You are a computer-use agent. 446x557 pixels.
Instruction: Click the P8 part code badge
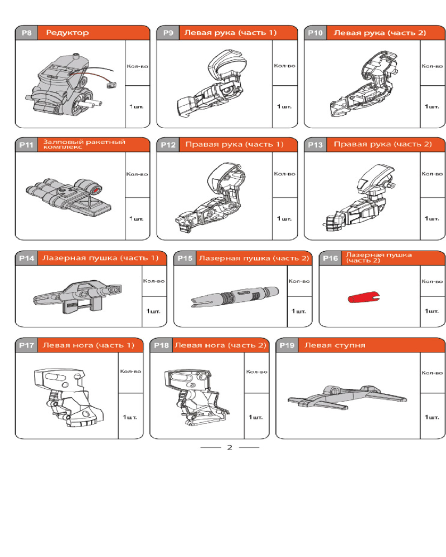coord(26,33)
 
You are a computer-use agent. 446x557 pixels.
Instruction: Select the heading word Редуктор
coord(67,33)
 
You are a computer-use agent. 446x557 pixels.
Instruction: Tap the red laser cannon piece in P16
coord(363,297)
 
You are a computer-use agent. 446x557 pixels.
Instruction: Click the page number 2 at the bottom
coord(229,447)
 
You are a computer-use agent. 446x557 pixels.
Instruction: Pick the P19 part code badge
coord(287,345)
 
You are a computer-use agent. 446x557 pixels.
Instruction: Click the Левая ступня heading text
coord(334,345)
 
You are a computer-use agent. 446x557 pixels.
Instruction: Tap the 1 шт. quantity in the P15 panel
coord(299,311)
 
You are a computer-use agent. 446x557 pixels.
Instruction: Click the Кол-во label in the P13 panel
coord(432,174)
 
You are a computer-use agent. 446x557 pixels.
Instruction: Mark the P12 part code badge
coord(168,145)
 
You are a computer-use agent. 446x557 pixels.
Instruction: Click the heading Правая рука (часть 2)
coord(382,144)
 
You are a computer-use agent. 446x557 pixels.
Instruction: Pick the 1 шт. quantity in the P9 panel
coord(284,106)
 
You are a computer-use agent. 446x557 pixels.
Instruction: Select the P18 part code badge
coord(161,345)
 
